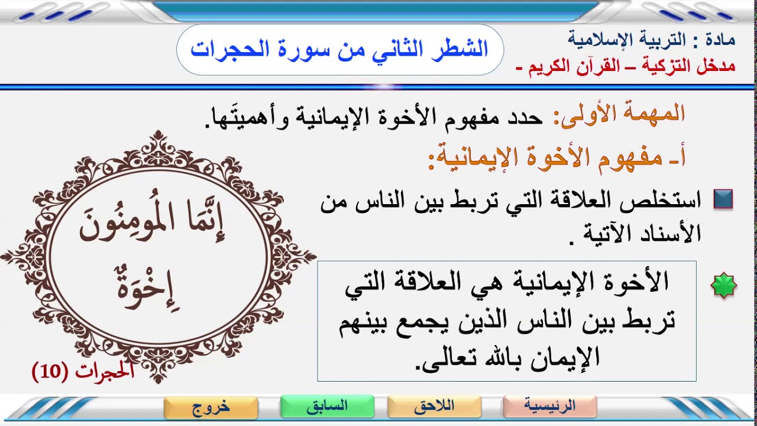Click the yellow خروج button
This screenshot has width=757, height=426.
tap(211, 406)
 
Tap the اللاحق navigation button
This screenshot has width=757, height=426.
tap(434, 406)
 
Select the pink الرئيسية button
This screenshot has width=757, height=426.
tap(550, 406)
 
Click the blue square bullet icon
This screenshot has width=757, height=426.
tap(723, 199)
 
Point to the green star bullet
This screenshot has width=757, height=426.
tap(724, 286)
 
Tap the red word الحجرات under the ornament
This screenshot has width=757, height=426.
tap(105, 371)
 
